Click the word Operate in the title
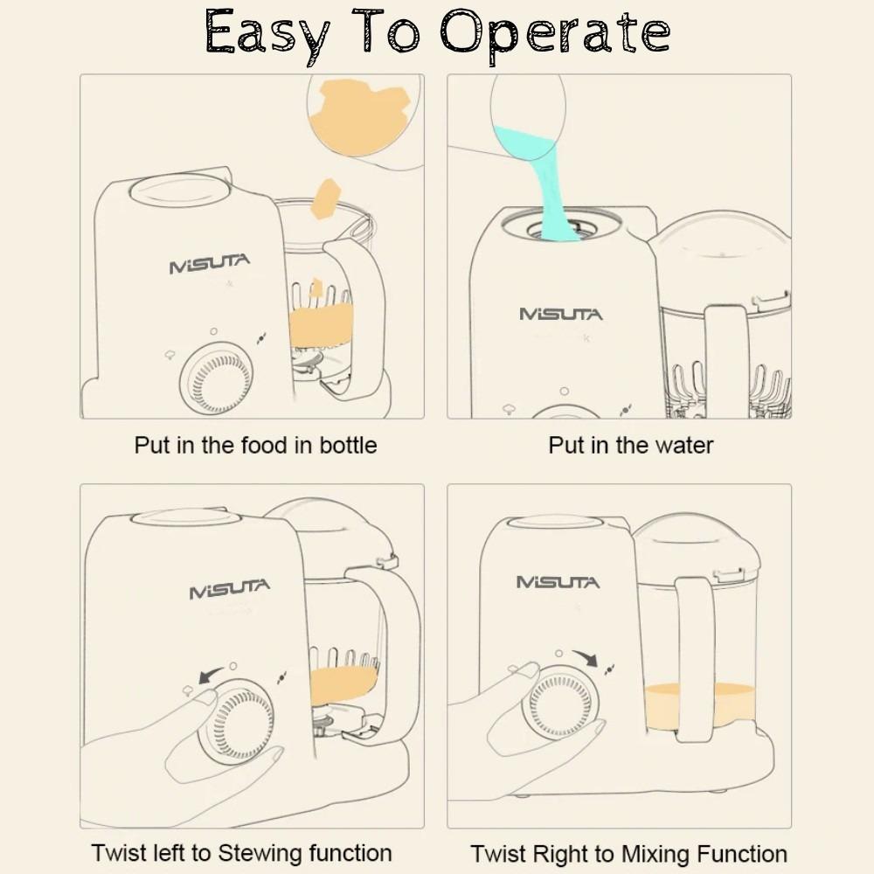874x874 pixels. [555, 35]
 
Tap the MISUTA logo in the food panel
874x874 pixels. [210, 264]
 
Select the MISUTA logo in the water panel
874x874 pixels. [561, 315]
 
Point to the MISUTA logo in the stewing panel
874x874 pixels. [230, 588]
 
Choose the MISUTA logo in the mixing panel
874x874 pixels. [558, 582]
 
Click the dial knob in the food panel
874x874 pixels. [216, 378]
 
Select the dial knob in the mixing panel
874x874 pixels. [560, 702]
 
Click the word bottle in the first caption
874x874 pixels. [348, 446]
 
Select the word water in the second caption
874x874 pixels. [684, 446]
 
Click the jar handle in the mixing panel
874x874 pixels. [696, 659]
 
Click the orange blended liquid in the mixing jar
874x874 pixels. [700, 705]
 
